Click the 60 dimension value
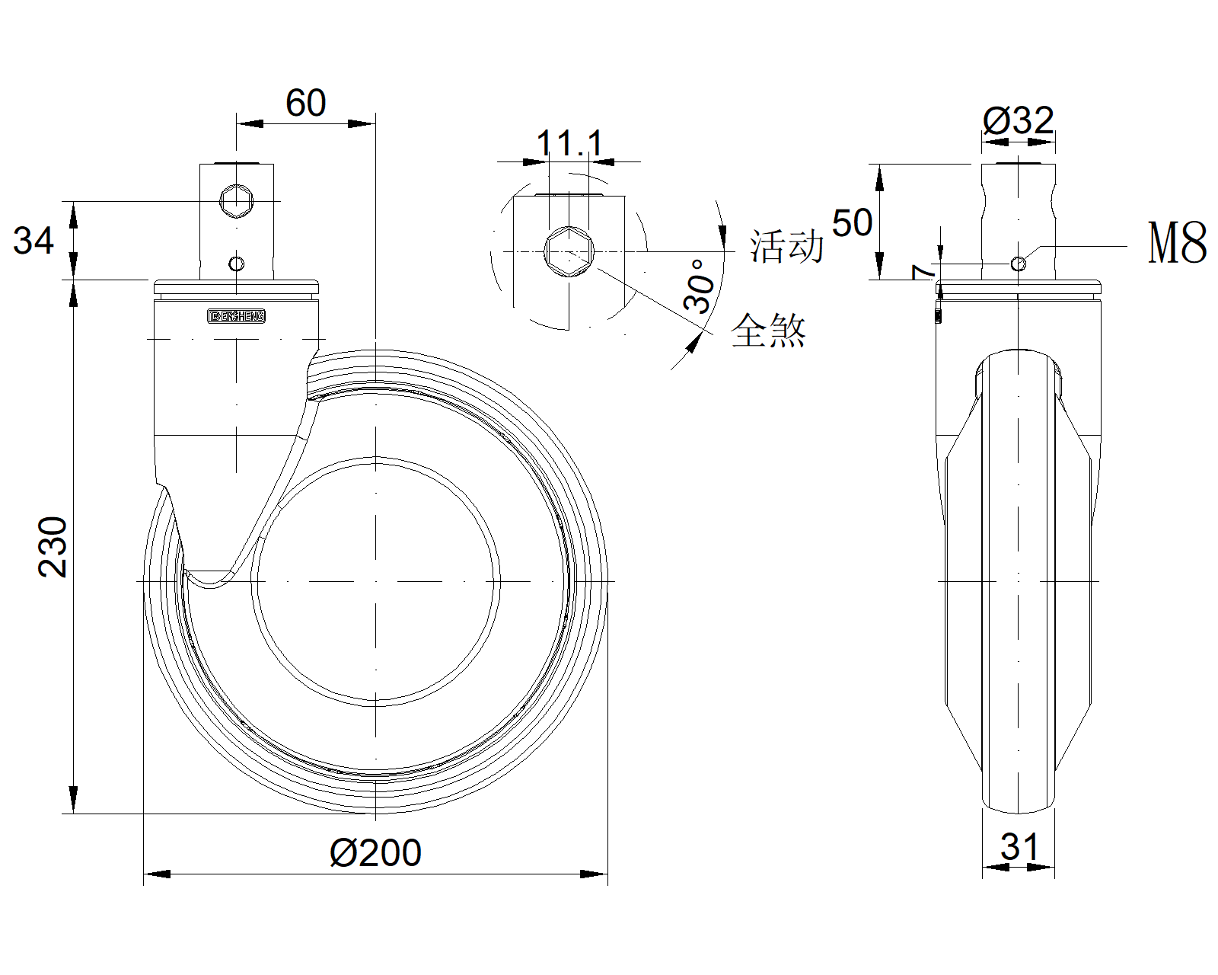305,104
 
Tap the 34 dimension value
34,241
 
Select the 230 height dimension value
53,546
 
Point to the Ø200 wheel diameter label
375,853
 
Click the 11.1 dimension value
569,143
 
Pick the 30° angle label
700,286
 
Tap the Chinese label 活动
786,246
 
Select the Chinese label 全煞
768,330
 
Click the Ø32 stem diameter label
1018,120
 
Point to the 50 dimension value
852,222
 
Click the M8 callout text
1177,244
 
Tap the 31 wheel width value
1019,846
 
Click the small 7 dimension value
923,272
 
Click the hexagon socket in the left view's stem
236,201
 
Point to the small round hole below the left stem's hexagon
236,264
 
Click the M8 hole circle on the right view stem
1018,264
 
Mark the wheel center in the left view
376,581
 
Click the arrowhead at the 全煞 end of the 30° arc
693,343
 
